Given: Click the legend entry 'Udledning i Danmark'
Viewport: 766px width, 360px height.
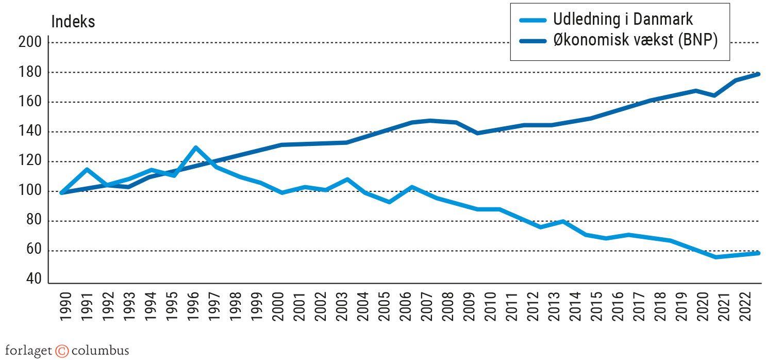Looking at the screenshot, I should pos(623,20).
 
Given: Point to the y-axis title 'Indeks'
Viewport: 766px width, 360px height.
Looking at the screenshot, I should pos(73,22).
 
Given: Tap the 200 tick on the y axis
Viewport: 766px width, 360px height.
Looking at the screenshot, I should pos(29,42).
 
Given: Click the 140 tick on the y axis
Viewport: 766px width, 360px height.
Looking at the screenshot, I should pos(29,132).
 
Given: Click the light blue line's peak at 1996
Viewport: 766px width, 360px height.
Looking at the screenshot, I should pos(196,148).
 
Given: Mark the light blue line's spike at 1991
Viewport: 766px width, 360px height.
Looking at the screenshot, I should pos(87,169).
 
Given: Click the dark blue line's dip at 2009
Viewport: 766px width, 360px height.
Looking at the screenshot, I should pos(478,133).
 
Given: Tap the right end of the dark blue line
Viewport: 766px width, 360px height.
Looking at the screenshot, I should pos(759,74).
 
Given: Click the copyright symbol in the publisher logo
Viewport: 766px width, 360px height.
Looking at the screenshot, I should pos(62,351).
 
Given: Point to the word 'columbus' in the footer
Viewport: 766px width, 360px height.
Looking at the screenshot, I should pos(100,351).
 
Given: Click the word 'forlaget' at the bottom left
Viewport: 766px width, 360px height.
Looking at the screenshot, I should pos(29,351).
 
